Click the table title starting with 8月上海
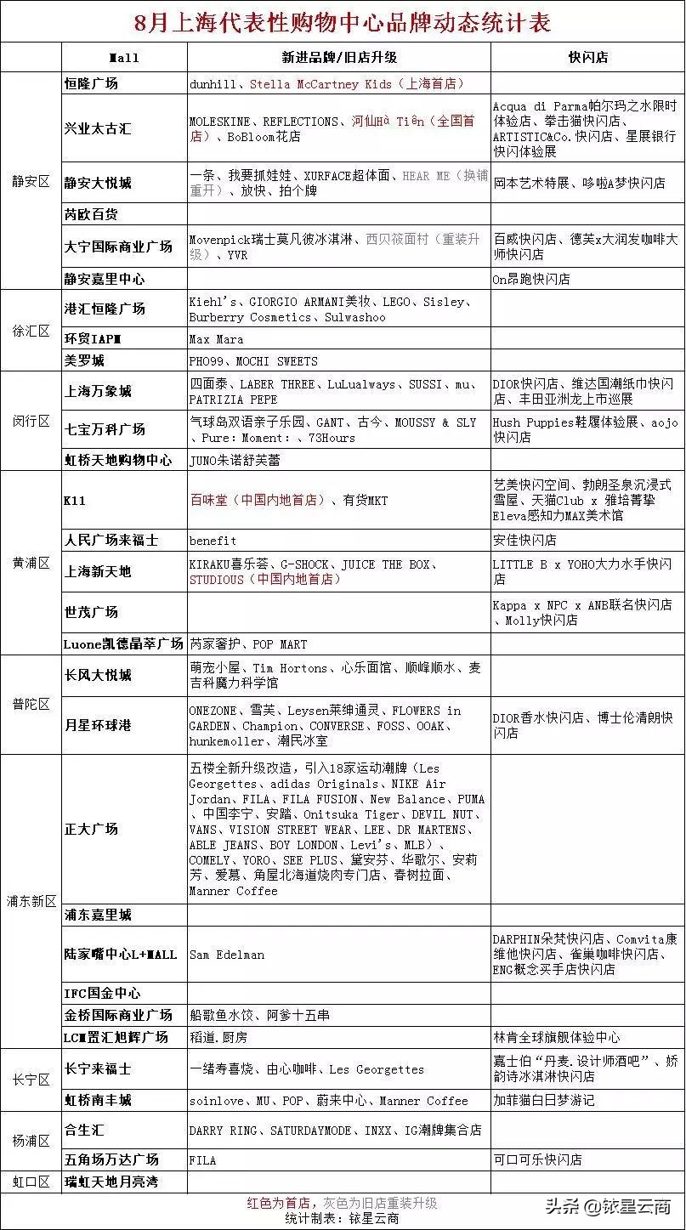tap(342, 21)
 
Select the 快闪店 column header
tap(587, 58)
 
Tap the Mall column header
tap(124, 58)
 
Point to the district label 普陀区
tap(31, 704)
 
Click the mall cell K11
tap(75, 501)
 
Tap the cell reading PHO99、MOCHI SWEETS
tap(253, 360)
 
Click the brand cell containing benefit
tap(213, 540)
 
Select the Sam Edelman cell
tap(227, 955)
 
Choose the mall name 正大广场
tap(92, 829)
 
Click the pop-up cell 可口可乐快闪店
tap(537, 1159)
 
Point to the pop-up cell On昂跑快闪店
tap(531, 279)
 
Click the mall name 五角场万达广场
tap(112, 1159)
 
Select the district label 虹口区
tap(31, 1182)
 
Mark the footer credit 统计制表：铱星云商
tap(342, 1218)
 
